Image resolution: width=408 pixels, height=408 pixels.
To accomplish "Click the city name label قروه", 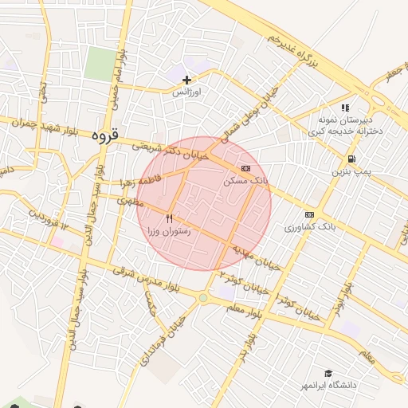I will (x=105, y=135).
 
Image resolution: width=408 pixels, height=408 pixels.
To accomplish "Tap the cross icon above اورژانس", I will (x=187, y=80).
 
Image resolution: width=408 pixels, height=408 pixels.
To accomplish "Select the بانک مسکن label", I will (x=246, y=182).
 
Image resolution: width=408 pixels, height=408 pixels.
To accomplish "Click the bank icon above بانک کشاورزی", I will (x=309, y=214).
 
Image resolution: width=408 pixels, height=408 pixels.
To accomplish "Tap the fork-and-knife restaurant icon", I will (x=169, y=218).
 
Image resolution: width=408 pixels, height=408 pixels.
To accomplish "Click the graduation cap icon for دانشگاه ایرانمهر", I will (x=328, y=373).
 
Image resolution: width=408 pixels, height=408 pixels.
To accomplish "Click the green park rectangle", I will (x=100, y=62).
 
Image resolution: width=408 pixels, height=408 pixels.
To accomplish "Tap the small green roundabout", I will (x=203, y=299).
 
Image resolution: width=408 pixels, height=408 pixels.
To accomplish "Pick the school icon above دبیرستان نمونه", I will (x=344, y=108).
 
